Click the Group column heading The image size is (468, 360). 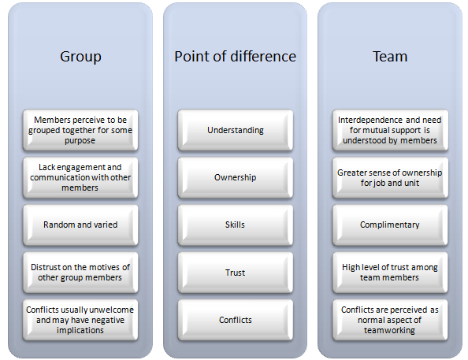[80, 57]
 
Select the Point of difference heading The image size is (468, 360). [236, 57]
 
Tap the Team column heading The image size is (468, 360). [390, 57]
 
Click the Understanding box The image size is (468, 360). [236, 130]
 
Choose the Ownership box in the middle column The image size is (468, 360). [236, 177]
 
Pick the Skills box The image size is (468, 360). [236, 225]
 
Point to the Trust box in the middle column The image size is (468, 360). [236, 273]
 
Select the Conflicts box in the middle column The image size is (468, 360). [236, 320]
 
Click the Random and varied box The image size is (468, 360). [80, 225]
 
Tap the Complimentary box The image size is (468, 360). [390, 225]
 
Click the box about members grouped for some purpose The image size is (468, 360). [80, 130]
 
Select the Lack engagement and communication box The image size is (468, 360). [80, 177]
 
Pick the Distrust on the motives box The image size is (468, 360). [80, 273]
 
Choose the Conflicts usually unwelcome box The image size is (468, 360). [80, 320]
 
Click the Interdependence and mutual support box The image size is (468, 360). [390, 130]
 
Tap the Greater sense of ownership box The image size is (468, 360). [390, 177]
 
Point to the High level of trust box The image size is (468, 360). [390, 273]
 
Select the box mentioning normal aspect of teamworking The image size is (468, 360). [390, 320]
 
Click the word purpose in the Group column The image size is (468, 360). [80, 141]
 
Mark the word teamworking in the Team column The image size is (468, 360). [389, 330]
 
